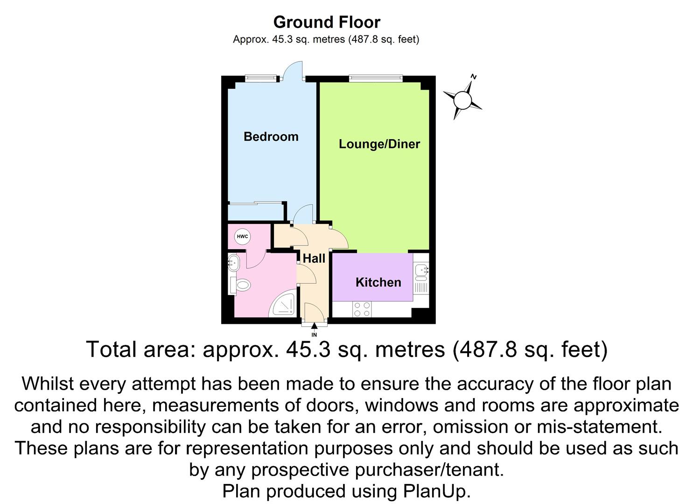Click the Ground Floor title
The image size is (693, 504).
[326, 22]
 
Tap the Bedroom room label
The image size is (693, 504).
[271, 137]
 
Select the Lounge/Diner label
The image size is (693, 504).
[379, 144]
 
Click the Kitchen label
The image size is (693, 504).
[378, 282]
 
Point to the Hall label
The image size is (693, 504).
[314, 259]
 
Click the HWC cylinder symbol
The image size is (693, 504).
[242, 237]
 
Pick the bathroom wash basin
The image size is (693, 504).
[233, 263]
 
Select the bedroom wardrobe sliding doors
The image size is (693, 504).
[256, 203]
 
